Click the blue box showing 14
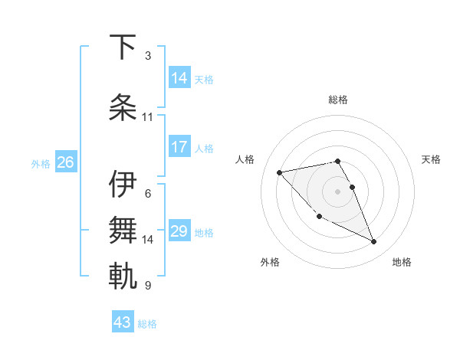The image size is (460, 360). coord(179,78)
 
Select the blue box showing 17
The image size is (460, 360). coord(179,147)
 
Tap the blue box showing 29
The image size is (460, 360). coord(179,231)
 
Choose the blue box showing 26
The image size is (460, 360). coord(65,162)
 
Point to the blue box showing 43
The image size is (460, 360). coord(123,322)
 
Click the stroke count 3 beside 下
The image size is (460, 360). coord(148,56)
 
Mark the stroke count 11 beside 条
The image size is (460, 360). coord(148,117)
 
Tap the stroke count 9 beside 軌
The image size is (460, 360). coord(148,286)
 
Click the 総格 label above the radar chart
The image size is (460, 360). coord(338,100)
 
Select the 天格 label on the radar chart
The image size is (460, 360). coord(431,159)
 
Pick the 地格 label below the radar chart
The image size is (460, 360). coord(402,262)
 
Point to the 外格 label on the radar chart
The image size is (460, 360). coord(270,262)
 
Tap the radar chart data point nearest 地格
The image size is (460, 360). coord(374,242)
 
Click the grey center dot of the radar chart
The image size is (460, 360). coord(338,191)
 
